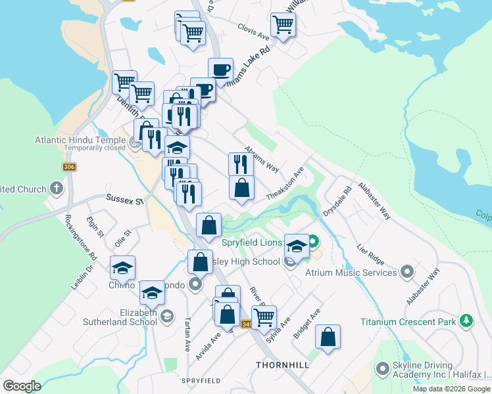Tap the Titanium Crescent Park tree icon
point(466,321)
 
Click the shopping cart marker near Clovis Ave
point(283,25)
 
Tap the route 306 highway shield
point(69,167)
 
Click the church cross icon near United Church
point(57,189)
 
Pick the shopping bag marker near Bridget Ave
point(328,338)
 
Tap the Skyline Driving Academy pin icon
point(381,370)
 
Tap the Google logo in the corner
point(22,386)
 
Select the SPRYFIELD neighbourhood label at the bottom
point(201,381)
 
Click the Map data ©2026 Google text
point(452,389)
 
